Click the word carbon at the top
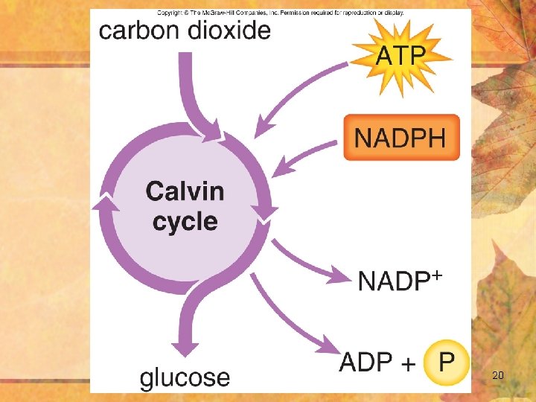(x=138, y=31)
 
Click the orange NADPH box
(x=401, y=138)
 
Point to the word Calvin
(x=185, y=191)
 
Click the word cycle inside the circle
(x=185, y=222)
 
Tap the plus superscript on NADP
(x=437, y=275)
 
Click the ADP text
(x=366, y=363)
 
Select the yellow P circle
(x=446, y=363)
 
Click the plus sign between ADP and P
(x=408, y=364)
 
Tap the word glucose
(x=185, y=377)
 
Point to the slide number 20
(x=498, y=376)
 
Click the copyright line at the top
(x=281, y=13)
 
